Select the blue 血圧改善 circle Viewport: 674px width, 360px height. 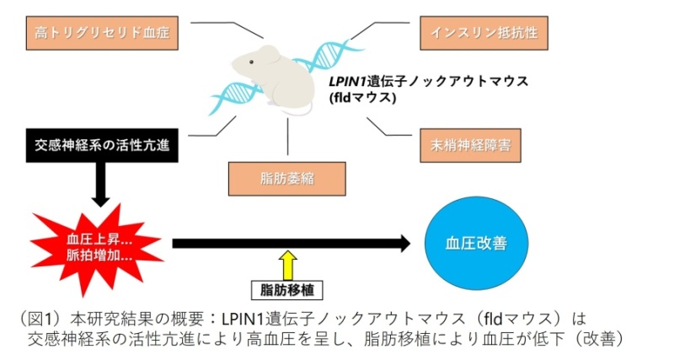(475, 243)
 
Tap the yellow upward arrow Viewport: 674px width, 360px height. (288, 263)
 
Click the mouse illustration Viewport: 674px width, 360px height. (270, 80)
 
